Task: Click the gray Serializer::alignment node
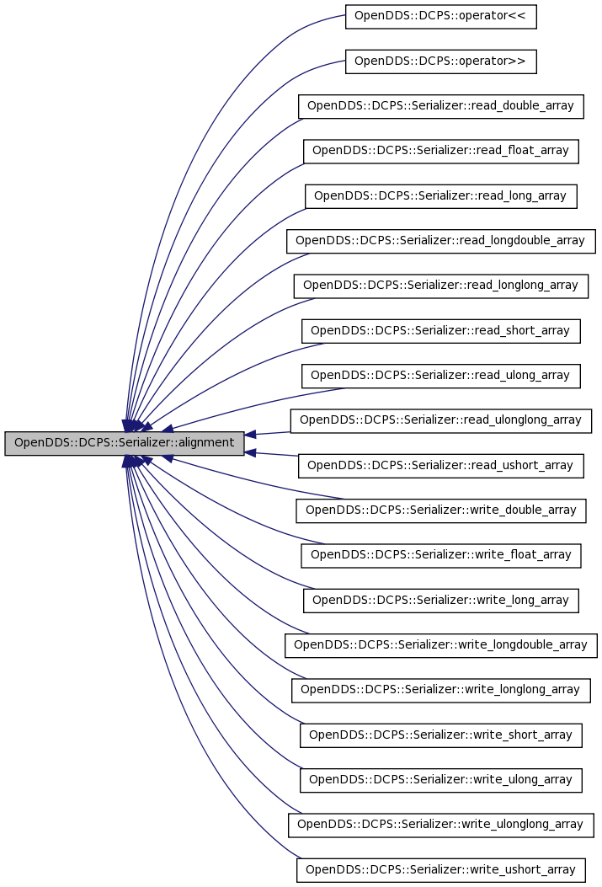tap(125, 443)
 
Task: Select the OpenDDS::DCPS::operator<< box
tap(441, 16)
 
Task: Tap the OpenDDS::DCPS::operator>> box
tap(441, 61)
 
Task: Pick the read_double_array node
tap(441, 106)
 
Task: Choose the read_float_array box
tap(441, 151)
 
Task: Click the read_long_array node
tap(441, 196)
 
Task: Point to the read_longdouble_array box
tap(441, 241)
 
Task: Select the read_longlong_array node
tap(441, 286)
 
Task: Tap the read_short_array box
tap(441, 331)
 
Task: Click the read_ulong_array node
tap(441, 376)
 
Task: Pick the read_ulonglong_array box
tap(441, 421)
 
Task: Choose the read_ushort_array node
tap(441, 466)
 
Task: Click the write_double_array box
tap(441, 510)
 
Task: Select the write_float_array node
tap(441, 555)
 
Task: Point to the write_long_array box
tap(441, 601)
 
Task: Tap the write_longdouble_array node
tap(441, 645)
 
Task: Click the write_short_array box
tap(441, 735)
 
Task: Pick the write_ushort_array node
tap(441, 870)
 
